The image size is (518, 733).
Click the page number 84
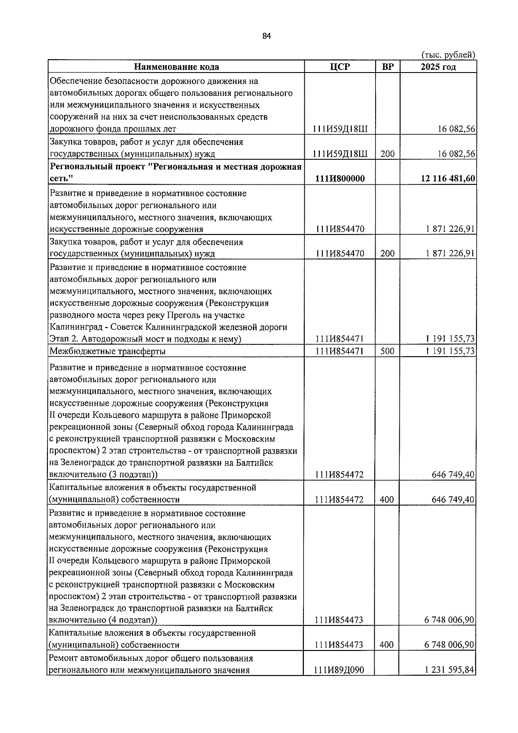tap(266, 36)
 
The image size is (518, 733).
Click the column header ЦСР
tap(339, 66)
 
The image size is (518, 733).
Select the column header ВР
tap(388, 66)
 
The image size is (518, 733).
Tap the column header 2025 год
tap(438, 66)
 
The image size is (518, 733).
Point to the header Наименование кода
tap(176, 66)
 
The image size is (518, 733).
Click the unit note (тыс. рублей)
tap(448, 55)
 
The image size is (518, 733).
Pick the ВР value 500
tap(387, 351)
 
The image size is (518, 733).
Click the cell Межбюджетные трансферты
tap(107, 351)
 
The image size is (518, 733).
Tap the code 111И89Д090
tap(339, 682)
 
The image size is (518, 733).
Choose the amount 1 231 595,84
tap(449, 682)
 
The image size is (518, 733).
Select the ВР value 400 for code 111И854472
tap(387, 499)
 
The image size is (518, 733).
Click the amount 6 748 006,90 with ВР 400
tap(449, 645)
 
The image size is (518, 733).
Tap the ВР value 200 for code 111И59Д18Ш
tap(387, 154)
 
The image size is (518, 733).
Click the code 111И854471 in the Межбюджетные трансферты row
tap(339, 351)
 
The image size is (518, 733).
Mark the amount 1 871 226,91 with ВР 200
tap(449, 253)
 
